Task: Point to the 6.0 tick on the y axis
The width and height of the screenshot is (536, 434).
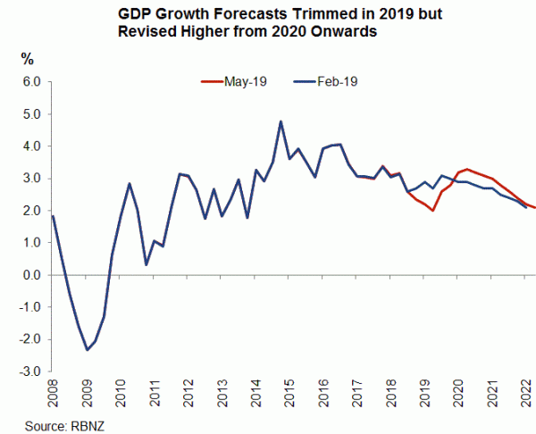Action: click(32, 82)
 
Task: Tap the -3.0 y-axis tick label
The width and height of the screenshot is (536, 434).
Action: click(30, 371)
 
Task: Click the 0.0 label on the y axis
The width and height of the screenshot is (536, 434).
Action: click(32, 275)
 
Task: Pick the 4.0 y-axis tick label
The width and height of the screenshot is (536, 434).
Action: click(32, 146)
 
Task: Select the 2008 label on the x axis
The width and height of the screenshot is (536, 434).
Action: click(53, 395)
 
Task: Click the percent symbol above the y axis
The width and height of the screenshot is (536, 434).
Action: click(28, 60)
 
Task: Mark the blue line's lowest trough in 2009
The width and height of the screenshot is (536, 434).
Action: click(87, 349)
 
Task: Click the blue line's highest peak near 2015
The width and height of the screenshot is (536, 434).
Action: click(281, 121)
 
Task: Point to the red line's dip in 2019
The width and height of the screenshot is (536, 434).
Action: click(432, 211)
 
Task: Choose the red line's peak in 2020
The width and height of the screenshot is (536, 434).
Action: click(468, 169)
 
